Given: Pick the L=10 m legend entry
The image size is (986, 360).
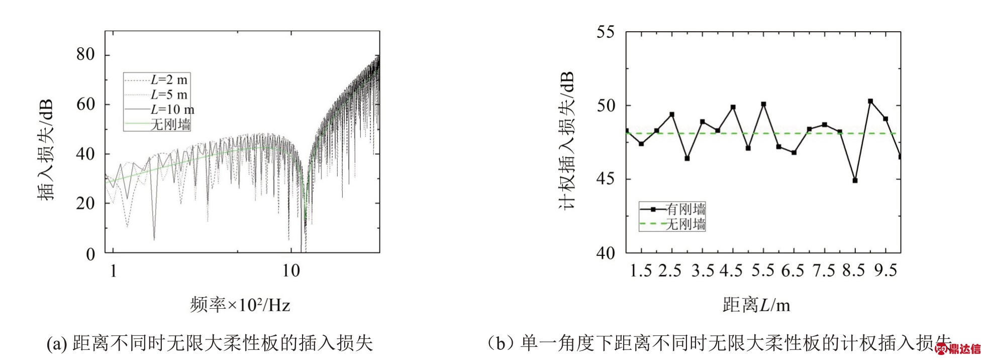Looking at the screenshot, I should coord(172,110).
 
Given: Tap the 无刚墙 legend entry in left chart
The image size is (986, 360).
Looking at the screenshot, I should coord(170,124).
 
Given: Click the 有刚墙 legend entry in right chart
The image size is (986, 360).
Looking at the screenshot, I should coord(685,209).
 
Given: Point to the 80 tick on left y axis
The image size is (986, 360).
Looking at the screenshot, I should coord(85,54).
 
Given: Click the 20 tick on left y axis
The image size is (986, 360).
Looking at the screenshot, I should coord(85,204).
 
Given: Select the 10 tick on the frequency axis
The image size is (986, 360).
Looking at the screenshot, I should coord(290,271).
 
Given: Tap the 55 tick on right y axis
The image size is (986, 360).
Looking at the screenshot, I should coord(605,32).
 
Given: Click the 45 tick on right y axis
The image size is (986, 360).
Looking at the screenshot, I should coord(605,179).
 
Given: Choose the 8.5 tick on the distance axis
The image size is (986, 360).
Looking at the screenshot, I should coord(854,271).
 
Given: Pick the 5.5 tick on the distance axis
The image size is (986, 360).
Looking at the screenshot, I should coord(763,271).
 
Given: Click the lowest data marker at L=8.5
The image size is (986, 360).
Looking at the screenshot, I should coord(855,181).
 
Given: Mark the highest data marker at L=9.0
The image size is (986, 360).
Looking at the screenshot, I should coord(870,101).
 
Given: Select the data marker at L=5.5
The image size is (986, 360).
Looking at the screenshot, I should coord(763,104).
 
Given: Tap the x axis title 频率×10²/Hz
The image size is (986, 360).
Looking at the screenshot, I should coord(240,305).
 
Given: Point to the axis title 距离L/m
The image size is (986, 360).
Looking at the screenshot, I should coord(756,305).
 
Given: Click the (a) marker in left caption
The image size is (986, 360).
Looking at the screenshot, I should coord(57,344).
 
